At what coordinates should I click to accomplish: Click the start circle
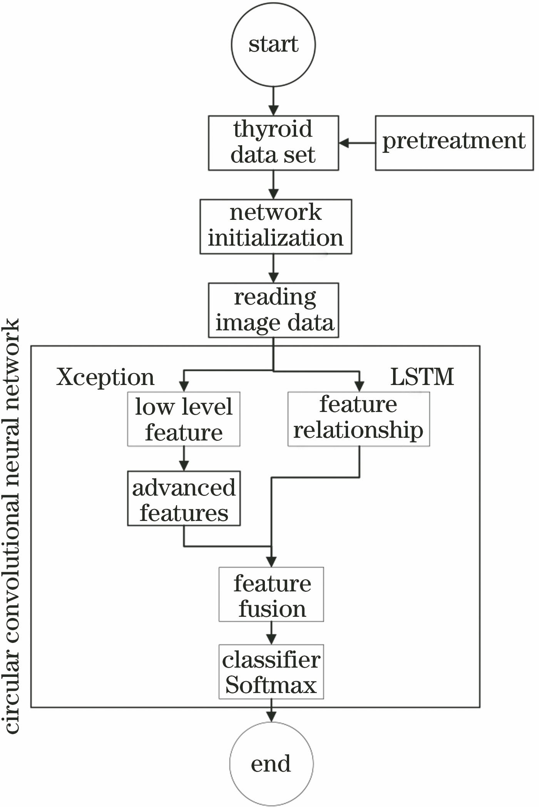[273, 44]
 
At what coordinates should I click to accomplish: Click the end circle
[271, 763]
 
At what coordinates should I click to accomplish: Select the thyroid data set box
[273, 143]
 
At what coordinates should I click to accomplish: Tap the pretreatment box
[454, 143]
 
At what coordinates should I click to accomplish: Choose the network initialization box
[276, 226]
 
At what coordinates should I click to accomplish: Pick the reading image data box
[273, 310]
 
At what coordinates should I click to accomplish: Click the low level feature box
[184, 419]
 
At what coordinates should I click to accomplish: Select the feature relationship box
[358, 419]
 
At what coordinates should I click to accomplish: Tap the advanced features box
[184, 498]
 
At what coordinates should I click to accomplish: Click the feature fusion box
[271, 594]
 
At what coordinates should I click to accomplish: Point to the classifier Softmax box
[271, 671]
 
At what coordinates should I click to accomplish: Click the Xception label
[105, 377]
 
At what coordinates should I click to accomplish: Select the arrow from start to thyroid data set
[273, 101]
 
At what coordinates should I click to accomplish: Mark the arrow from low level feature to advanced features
[184, 459]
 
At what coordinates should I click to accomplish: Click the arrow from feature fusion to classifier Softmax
[271, 633]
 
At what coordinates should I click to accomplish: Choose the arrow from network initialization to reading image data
[273, 268]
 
